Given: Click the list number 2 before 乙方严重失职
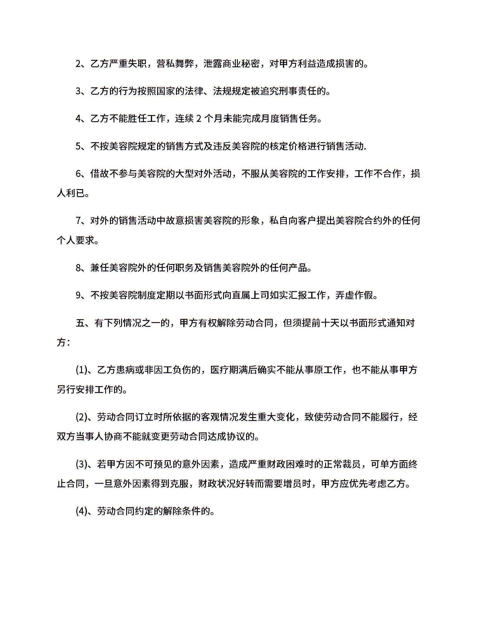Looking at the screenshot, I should tap(78, 64).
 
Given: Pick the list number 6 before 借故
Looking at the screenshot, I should tap(78, 173).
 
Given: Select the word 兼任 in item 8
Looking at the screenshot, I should tap(100, 268).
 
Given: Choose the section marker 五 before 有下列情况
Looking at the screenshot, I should tap(80, 323).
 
